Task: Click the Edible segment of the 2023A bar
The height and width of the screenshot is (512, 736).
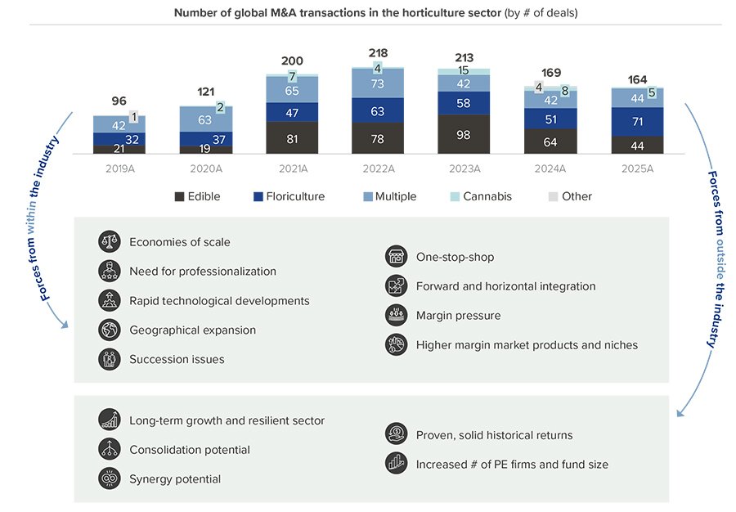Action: [x=464, y=134]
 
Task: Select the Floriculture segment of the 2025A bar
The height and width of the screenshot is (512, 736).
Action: [x=637, y=122]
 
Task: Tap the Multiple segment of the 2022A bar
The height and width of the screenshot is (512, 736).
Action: [x=378, y=83]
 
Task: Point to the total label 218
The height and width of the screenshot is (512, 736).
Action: [x=378, y=53]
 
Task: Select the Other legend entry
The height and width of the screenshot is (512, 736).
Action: [x=577, y=197]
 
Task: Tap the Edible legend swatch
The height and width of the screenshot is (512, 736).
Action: [x=179, y=197]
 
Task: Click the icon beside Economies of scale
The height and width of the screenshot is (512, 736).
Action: [x=110, y=242]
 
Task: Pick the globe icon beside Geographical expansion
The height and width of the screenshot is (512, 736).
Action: [x=110, y=330]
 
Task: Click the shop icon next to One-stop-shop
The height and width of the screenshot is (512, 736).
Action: [x=396, y=257]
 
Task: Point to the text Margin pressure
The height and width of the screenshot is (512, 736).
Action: [x=458, y=316]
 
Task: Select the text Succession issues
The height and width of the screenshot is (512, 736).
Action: [x=177, y=360]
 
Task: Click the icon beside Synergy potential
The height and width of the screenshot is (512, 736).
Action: [x=110, y=479]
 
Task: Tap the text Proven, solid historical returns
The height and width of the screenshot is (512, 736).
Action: [x=494, y=435]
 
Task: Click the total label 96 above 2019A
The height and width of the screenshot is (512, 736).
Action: [x=119, y=101]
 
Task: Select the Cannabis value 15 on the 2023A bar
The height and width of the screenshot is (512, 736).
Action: [x=464, y=71]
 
